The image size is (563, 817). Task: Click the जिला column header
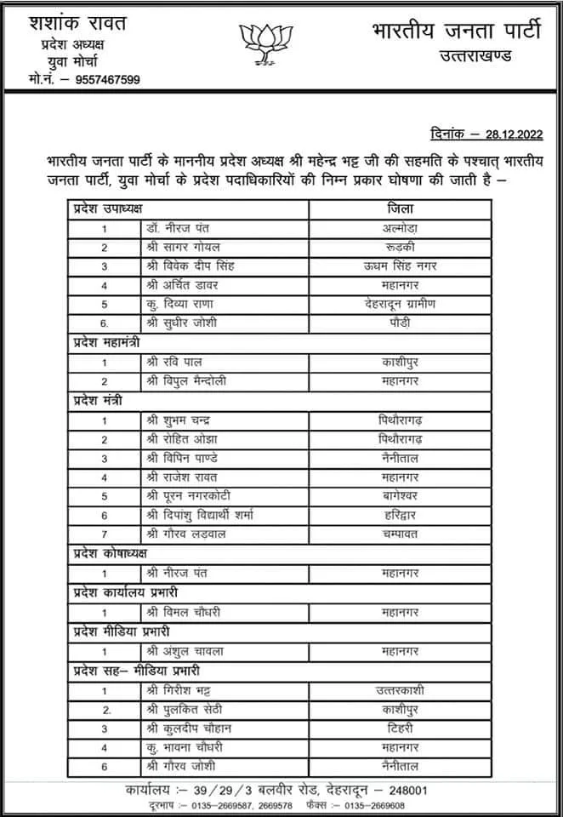(x=401, y=209)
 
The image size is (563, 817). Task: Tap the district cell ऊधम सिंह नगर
(x=401, y=266)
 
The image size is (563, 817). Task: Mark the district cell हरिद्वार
(x=401, y=516)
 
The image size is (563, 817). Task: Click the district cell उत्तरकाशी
(x=401, y=690)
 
